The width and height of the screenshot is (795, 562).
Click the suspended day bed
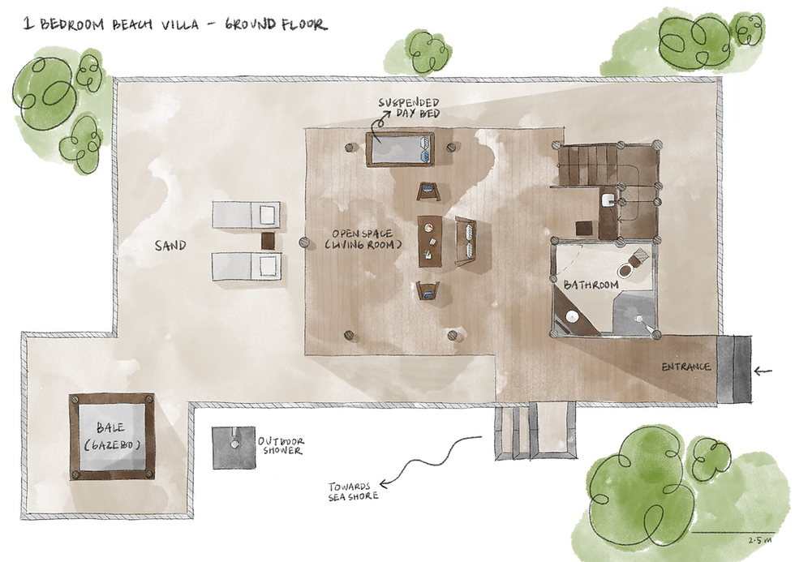(401, 149)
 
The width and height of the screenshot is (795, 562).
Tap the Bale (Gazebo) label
(111, 436)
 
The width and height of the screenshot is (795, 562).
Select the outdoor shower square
(234, 448)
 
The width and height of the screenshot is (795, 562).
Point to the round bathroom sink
(571, 317)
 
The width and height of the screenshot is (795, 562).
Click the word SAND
(170, 246)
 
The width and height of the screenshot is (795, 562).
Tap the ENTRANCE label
(686, 367)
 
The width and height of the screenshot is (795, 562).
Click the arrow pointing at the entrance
(763, 371)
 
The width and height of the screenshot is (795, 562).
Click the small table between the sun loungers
(268, 241)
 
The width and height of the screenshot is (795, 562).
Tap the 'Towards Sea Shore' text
(353, 491)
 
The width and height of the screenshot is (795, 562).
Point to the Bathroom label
(591, 285)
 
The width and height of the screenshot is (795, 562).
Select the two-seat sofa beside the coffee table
(466, 241)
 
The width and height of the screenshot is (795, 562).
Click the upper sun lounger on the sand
(247, 215)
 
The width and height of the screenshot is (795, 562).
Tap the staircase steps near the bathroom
(587, 165)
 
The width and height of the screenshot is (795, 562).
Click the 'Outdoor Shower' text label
(281, 446)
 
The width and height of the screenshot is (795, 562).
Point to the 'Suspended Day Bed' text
(409, 108)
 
